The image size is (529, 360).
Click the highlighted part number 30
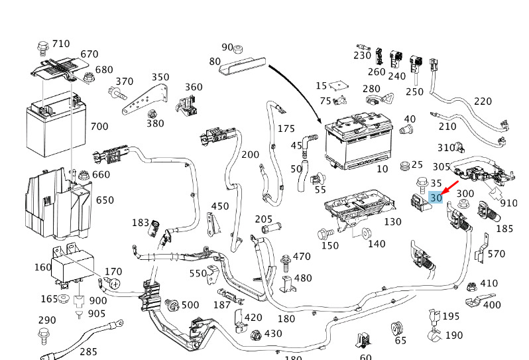pyautogui.click(x=436, y=198)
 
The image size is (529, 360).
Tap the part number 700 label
pyautogui.click(x=99, y=126)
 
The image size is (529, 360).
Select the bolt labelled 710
pyautogui.click(x=43, y=48)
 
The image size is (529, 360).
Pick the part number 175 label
pyautogui.click(x=286, y=129)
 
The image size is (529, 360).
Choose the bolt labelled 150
pyautogui.click(x=325, y=233)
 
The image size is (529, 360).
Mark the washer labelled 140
pyautogui.click(x=365, y=233)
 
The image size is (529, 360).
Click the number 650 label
pyautogui.click(x=105, y=200)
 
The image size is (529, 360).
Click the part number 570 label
pyautogui.click(x=496, y=254)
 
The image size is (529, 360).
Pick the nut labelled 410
pyautogui.click(x=470, y=287)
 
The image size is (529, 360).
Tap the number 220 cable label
pyautogui.click(x=483, y=101)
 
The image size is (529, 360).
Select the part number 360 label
pyautogui.click(x=194, y=88)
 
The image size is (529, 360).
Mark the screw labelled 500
pyautogui.click(x=171, y=305)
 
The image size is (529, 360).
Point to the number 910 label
pyautogui.click(x=509, y=203)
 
